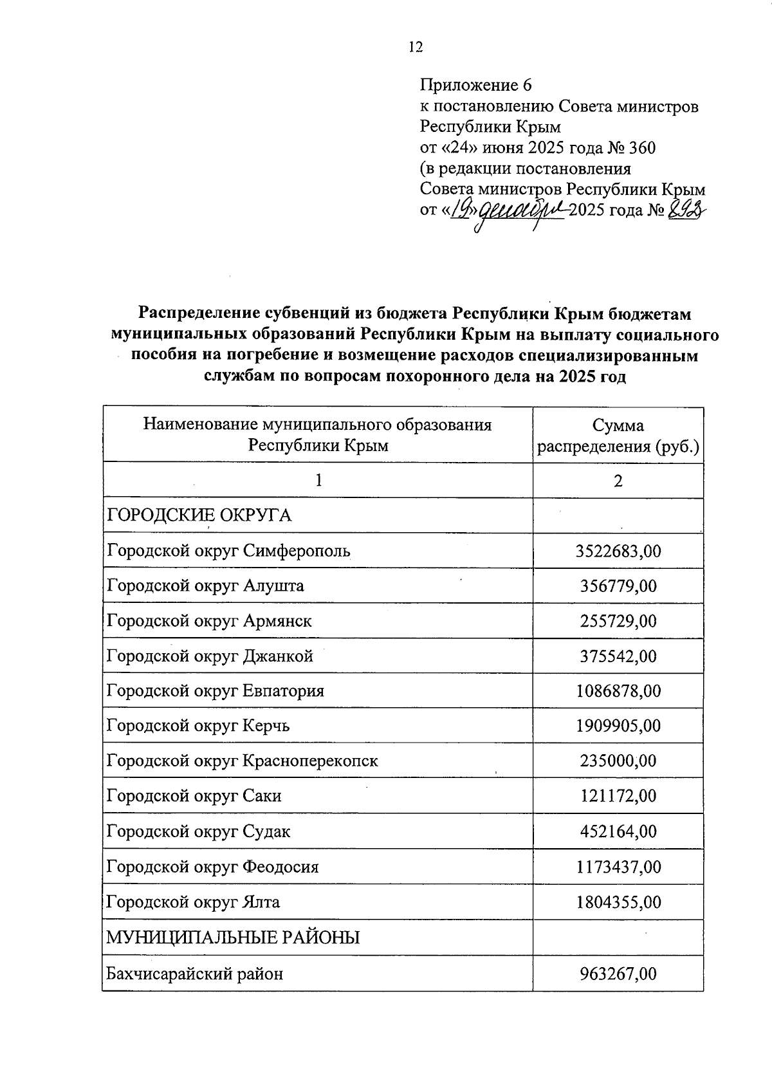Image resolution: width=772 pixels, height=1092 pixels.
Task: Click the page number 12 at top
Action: pyautogui.click(x=416, y=46)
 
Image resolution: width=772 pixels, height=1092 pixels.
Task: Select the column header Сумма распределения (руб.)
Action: pyautogui.click(x=618, y=436)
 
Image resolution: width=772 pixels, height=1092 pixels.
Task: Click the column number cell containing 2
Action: pyautogui.click(x=618, y=481)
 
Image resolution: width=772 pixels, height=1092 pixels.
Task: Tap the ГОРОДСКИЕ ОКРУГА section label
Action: pyautogui.click(x=199, y=515)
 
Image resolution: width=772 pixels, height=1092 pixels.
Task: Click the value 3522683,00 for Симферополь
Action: pyautogui.click(x=618, y=551)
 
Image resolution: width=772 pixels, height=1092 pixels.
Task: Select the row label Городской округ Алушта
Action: pyautogui.click(x=205, y=586)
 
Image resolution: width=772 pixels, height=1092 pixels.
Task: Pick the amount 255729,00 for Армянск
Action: pyautogui.click(x=618, y=621)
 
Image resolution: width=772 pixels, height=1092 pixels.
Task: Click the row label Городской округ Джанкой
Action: pyautogui.click(x=210, y=656)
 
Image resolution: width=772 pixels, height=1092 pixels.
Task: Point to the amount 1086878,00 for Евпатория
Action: pyautogui.click(x=618, y=691)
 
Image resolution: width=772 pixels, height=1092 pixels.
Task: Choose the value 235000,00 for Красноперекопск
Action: pyautogui.click(x=618, y=761)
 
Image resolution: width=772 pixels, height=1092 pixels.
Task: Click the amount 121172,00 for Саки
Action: pyautogui.click(x=618, y=796)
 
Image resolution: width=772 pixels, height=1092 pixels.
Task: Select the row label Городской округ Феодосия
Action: pyautogui.click(x=212, y=867)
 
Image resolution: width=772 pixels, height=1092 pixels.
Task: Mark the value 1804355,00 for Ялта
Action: pyautogui.click(x=618, y=902)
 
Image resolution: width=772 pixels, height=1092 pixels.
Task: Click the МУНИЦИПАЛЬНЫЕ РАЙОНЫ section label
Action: pyautogui.click(x=233, y=938)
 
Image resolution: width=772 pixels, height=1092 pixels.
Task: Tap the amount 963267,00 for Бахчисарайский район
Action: pyautogui.click(x=618, y=974)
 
